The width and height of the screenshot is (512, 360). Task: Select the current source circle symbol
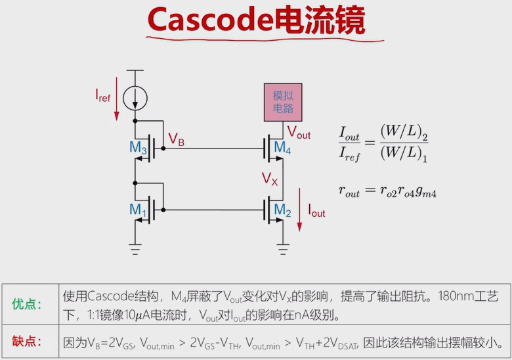click(135, 99)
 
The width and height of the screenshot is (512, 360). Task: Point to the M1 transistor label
click(138, 210)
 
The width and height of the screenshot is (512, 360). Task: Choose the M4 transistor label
click(282, 148)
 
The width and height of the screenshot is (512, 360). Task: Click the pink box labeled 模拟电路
click(283, 102)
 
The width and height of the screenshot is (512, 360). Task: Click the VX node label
click(270, 178)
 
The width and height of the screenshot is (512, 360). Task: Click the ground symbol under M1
click(135, 246)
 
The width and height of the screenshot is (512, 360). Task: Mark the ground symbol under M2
click(283, 246)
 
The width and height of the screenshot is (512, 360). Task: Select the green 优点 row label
click(27, 304)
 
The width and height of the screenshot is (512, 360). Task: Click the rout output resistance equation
click(387, 192)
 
